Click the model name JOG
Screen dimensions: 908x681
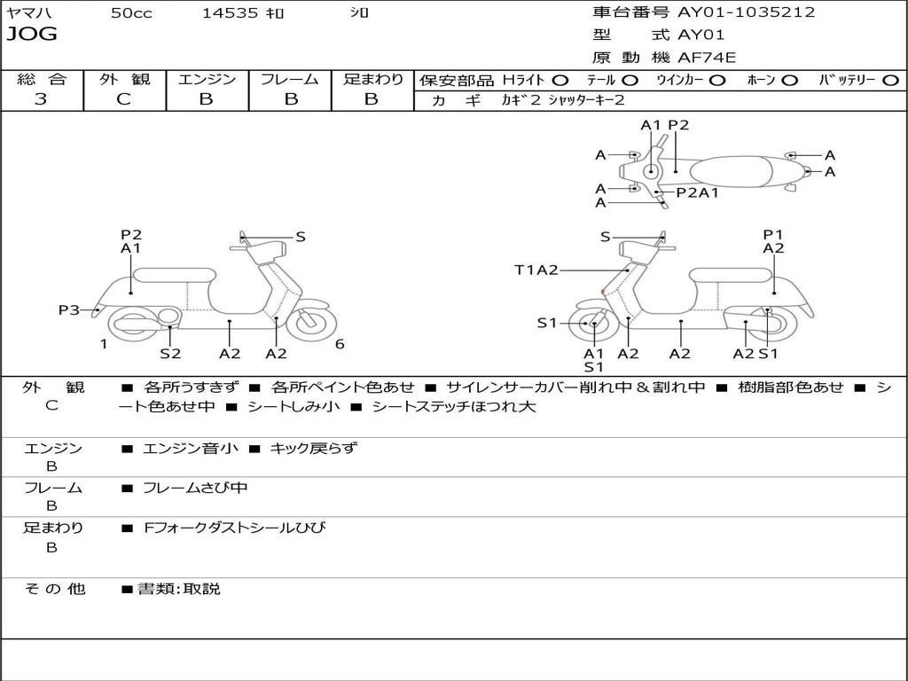(x=32, y=35)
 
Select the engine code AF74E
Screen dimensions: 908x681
(x=707, y=59)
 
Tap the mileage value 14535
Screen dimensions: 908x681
(x=230, y=13)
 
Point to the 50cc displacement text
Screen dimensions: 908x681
(x=131, y=13)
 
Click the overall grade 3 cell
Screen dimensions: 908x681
(x=41, y=99)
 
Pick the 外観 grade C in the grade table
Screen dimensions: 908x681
(x=123, y=99)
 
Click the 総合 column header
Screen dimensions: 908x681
(x=42, y=79)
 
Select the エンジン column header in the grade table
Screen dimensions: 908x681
(x=207, y=79)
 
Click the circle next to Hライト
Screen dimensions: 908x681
(x=560, y=80)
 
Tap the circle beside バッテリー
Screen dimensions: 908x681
(x=890, y=80)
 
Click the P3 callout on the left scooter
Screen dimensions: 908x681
(x=69, y=310)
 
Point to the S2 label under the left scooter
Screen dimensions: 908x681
(x=170, y=354)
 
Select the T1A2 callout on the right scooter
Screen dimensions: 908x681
(x=536, y=270)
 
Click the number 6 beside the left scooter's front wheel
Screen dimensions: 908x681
(x=340, y=344)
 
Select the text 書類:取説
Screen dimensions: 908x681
(x=178, y=589)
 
